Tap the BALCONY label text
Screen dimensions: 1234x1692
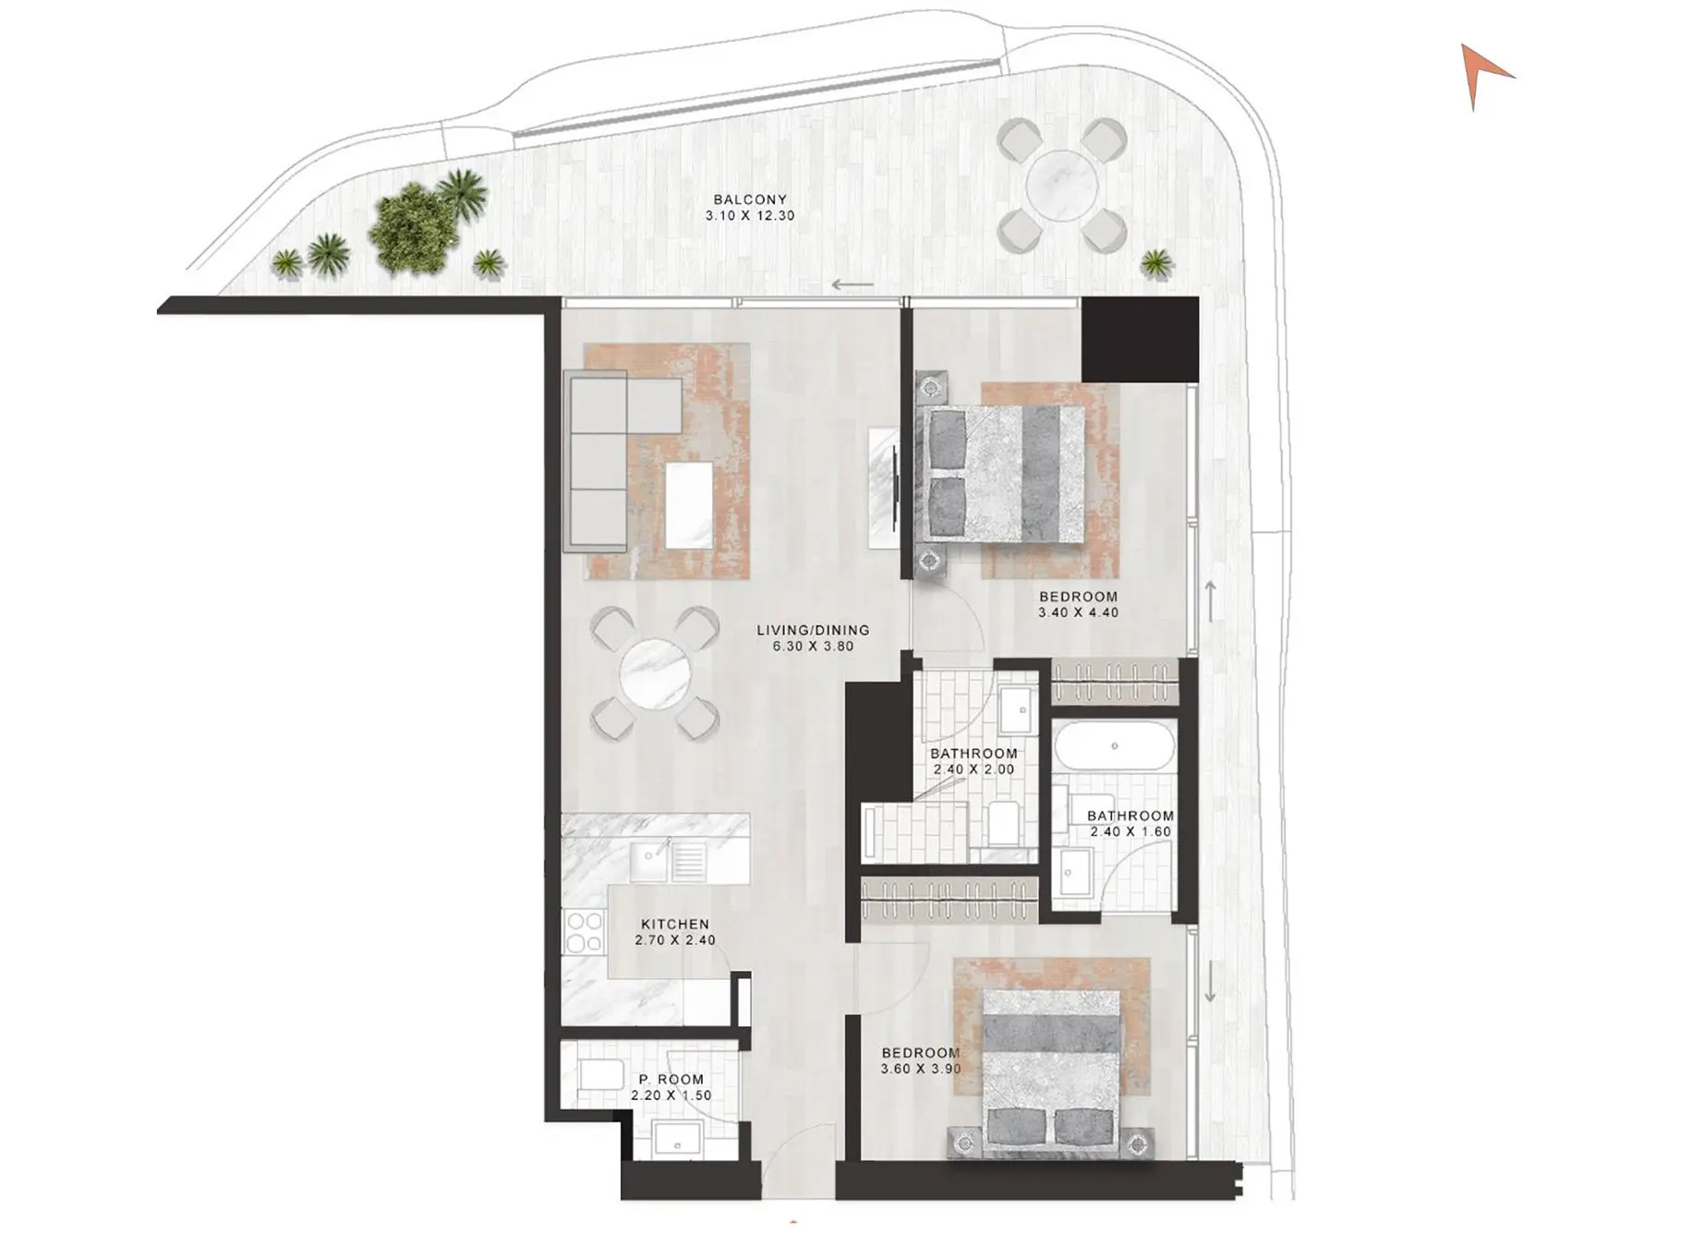[749, 200]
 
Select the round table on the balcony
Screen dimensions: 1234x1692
[1061, 186]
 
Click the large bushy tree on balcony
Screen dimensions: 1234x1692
[413, 228]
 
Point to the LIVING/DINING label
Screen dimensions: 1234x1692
[813, 630]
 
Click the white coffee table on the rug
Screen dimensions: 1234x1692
[689, 505]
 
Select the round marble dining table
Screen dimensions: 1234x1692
[655, 674]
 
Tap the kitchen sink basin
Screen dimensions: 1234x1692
[648, 861]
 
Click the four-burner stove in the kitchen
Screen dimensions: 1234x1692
[584, 931]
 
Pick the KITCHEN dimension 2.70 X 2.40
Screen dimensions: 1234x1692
[675, 940]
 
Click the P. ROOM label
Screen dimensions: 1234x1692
[671, 1079]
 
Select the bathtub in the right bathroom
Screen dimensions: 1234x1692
[1114, 746]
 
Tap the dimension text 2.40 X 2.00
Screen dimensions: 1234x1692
[973, 769]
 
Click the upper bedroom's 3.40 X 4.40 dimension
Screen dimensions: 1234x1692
[1078, 612]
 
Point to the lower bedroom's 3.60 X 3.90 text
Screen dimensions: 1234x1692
[921, 1069]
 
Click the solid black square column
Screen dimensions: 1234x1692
[1140, 339]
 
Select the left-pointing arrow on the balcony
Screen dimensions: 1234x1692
[852, 284]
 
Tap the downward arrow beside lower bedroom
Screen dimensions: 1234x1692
[1210, 981]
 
